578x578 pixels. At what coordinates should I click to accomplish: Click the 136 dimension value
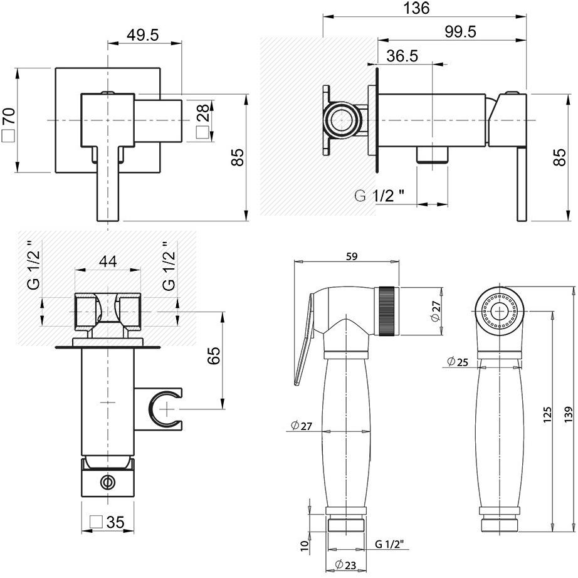click(x=416, y=8)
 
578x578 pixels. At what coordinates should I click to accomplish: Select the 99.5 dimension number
click(x=460, y=32)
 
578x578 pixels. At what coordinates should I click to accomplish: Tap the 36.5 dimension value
click(x=402, y=56)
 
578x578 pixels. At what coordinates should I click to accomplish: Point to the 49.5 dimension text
click(x=143, y=35)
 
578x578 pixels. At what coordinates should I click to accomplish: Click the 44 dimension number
click(x=108, y=261)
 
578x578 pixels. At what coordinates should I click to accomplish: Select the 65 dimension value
click(x=214, y=355)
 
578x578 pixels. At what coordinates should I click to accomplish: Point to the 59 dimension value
click(x=352, y=256)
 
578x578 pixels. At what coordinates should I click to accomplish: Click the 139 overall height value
click(x=569, y=414)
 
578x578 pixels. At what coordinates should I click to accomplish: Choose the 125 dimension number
click(x=548, y=414)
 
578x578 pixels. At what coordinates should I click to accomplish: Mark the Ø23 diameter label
click(x=345, y=565)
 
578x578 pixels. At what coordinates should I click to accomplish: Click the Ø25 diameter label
click(x=458, y=362)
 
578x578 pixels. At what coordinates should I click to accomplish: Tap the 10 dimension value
click(x=304, y=545)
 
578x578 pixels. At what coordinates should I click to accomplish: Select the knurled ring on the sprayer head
click(x=387, y=310)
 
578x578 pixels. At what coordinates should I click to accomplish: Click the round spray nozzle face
click(x=500, y=311)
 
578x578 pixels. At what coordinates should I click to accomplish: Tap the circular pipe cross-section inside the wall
click(x=342, y=120)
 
